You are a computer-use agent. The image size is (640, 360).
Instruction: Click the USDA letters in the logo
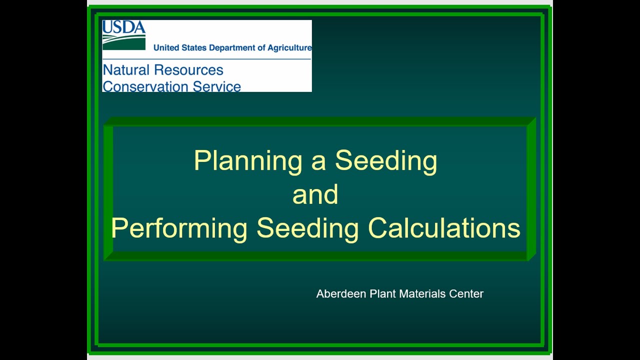tap(123, 27)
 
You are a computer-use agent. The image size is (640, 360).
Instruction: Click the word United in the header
tap(166, 48)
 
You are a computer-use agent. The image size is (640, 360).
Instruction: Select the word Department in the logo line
tap(233, 48)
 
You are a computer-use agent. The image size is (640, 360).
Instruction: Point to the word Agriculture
tap(289, 48)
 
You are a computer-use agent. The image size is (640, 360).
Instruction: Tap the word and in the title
tap(315, 194)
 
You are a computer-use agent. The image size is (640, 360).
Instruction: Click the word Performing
tap(179, 228)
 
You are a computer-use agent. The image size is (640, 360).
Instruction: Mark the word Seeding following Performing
tap(307, 228)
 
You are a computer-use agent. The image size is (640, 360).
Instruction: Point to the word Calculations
tap(444, 227)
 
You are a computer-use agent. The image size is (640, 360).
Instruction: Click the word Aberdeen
tap(341, 294)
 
